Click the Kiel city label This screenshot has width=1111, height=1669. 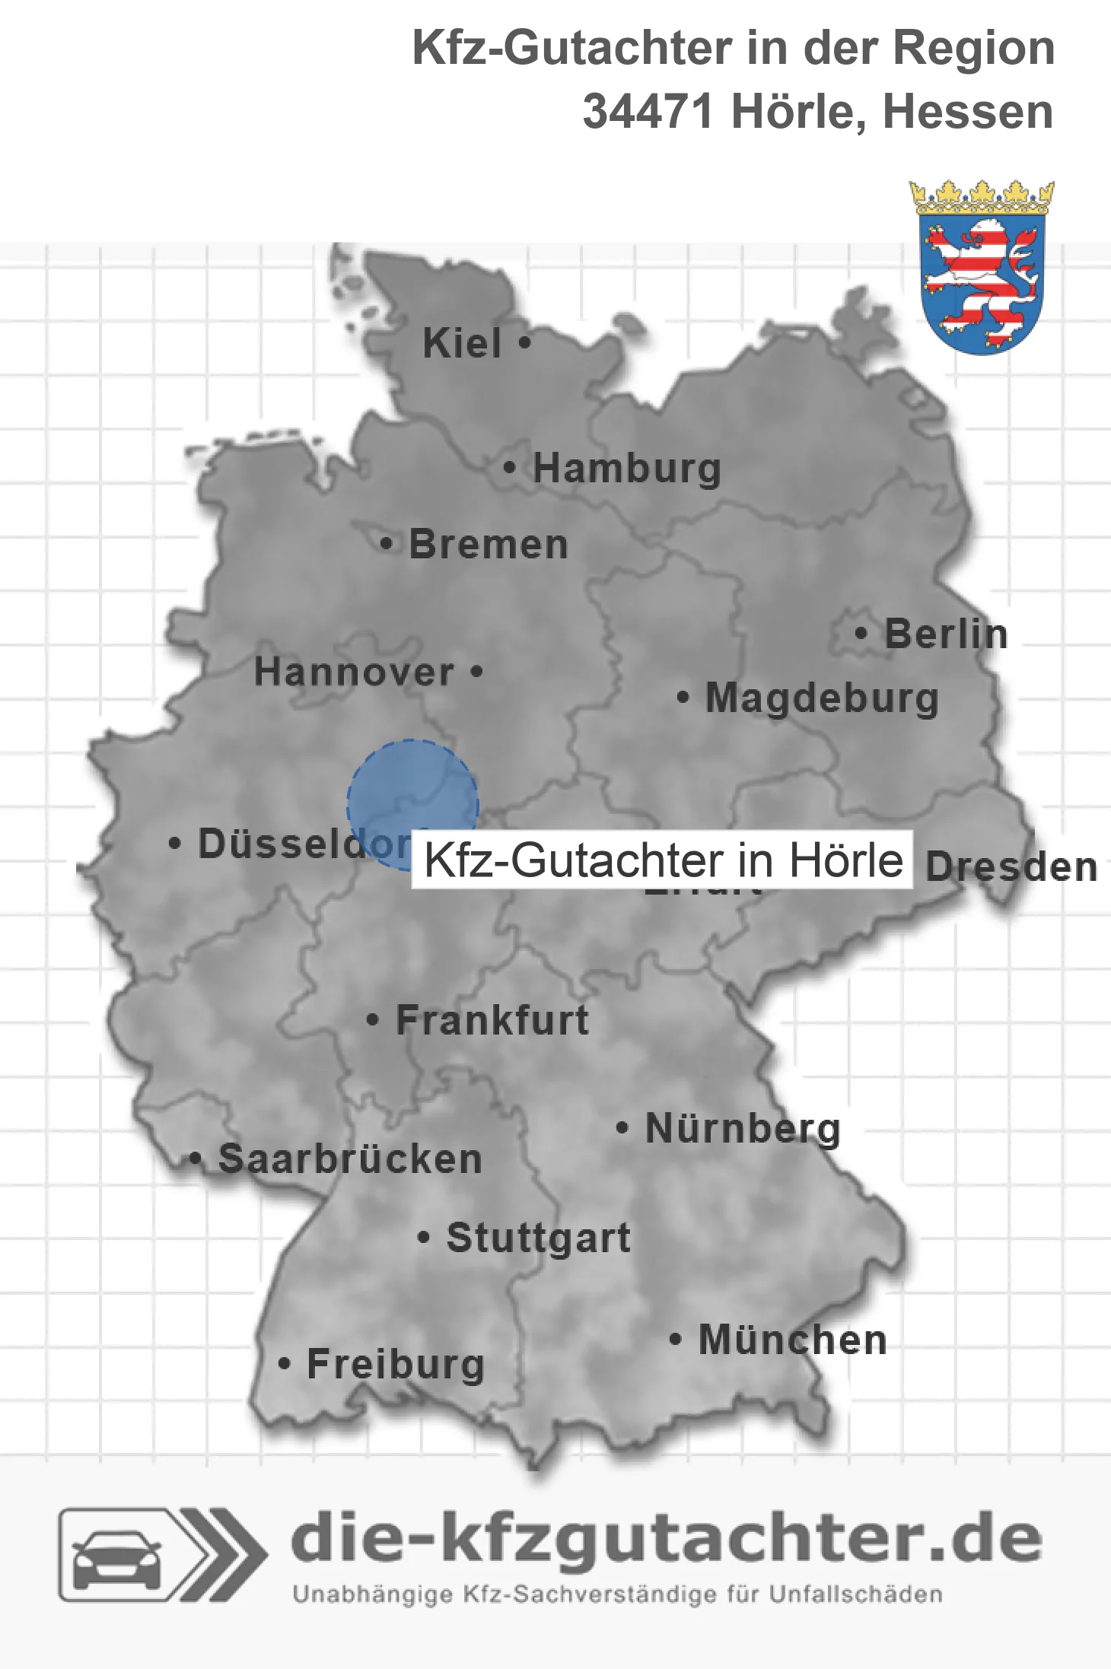[462, 344]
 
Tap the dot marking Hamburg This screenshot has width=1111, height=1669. [509, 468]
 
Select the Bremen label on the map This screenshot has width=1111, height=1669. [489, 545]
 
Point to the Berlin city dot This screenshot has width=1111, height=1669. [861, 633]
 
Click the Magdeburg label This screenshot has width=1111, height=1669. [822, 698]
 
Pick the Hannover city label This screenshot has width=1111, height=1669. [354, 672]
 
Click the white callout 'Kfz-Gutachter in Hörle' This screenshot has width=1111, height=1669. [662, 860]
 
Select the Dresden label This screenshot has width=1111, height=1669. [1011, 867]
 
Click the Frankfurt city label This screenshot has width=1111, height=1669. [492, 1020]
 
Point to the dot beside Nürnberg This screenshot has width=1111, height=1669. [622, 1127]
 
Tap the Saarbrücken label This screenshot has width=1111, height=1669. [350, 1159]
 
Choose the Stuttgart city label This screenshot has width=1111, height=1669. [538, 1238]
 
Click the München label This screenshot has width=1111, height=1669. [792, 1340]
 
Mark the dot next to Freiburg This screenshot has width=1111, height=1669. [284, 1363]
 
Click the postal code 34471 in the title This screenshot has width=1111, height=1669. [648, 113]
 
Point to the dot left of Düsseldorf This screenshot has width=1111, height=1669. [174, 843]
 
